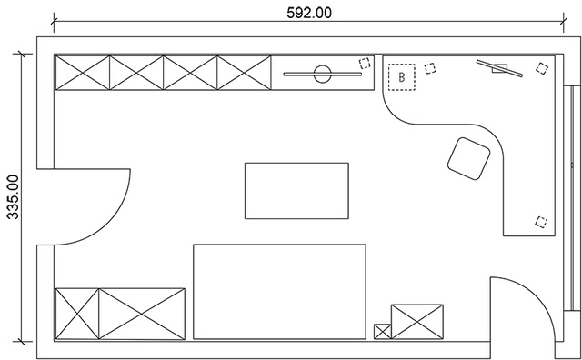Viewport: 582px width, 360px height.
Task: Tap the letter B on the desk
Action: click(400, 77)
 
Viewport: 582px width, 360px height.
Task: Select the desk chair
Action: click(468, 158)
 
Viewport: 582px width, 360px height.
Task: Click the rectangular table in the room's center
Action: click(296, 191)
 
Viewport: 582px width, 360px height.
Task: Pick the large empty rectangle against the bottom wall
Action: click(279, 292)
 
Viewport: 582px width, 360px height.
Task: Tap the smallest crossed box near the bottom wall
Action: click(382, 332)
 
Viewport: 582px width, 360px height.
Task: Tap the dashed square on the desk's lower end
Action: click(542, 221)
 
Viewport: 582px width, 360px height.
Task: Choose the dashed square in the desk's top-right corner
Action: click(543, 66)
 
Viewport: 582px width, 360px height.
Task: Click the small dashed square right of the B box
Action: click(430, 66)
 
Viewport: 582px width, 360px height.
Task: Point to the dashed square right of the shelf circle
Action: click(365, 63)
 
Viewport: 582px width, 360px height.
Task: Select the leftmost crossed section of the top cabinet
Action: click(83, 74)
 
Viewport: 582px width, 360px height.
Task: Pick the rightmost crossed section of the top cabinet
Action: click(245, 74)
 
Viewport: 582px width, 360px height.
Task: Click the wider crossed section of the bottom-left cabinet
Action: click(142, 314)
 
